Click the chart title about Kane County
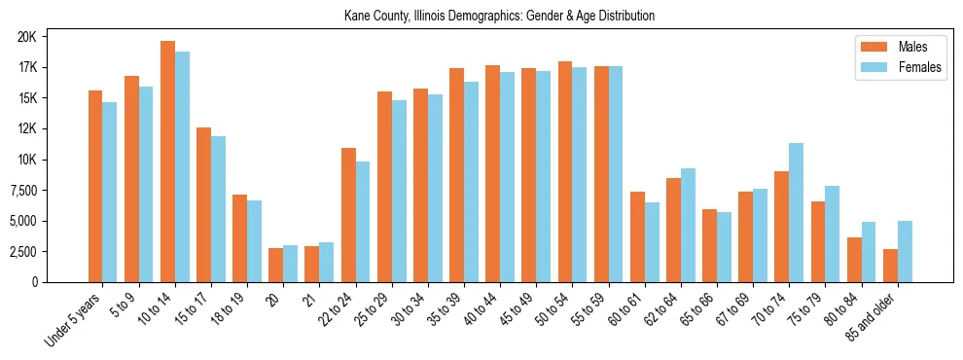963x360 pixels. point(499,16)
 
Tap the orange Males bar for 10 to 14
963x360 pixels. point(167,162)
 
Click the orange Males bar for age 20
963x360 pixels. point(275,265)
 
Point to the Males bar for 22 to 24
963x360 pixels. point(348,215)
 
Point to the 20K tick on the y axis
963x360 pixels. point(53,37)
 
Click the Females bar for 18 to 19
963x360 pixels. point(254,241)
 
